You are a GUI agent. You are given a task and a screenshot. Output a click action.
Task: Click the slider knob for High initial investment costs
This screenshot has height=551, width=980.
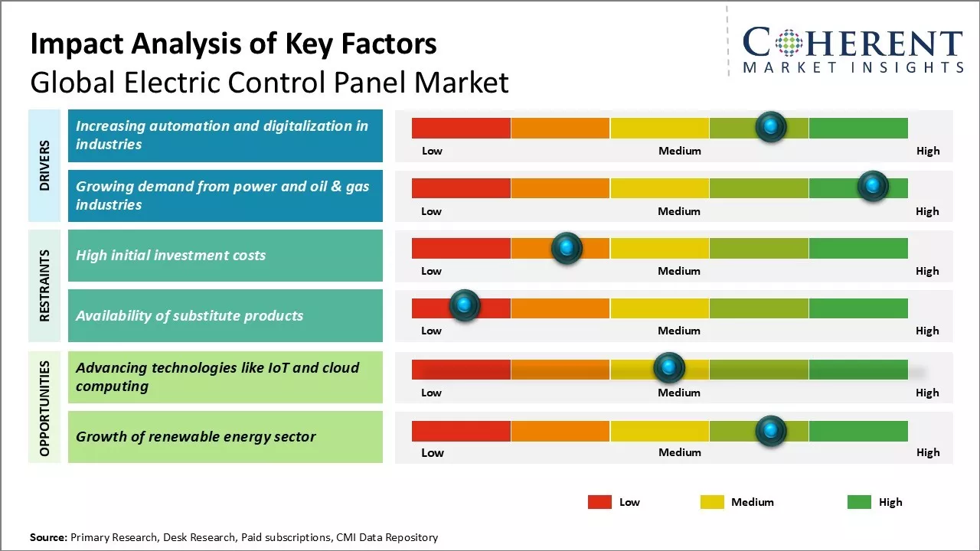(567, 248)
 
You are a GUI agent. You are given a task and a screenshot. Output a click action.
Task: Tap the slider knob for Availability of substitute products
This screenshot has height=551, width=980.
(464, 305)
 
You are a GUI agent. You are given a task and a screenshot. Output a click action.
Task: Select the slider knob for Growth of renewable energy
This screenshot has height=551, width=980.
(771, 431)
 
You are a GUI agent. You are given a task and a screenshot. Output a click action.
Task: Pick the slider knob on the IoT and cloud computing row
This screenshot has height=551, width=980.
(669, 368)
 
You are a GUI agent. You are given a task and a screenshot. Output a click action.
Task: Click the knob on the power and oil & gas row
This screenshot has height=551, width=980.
(873, 186)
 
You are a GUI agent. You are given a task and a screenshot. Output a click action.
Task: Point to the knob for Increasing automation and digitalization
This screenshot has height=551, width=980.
(771, 126)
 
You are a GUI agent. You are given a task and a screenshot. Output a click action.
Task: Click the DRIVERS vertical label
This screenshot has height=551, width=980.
(44, 165)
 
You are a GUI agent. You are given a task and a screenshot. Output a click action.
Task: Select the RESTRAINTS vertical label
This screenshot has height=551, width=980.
(44, 285)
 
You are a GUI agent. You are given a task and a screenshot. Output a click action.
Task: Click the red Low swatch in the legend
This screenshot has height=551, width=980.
(599, 502)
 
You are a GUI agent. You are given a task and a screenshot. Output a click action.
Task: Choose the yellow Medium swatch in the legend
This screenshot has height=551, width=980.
(712, 502)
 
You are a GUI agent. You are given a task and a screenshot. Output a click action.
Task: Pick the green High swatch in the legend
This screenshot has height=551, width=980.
(859, 502)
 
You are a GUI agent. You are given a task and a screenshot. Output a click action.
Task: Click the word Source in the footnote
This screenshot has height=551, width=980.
(48, 537)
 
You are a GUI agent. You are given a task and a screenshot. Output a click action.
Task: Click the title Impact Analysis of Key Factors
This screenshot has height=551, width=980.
(234, 44)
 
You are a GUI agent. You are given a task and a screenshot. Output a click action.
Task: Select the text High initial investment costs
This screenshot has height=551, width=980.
(171, 256)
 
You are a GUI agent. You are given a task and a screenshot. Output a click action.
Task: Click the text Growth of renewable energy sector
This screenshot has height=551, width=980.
(196, 437)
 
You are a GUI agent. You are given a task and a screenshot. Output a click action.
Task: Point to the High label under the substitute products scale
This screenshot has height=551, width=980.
(927, 331)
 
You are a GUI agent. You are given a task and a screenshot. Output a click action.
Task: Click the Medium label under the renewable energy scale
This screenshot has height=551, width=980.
(680, 452)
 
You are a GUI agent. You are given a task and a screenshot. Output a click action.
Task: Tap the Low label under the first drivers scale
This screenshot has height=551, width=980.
(432, 151)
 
